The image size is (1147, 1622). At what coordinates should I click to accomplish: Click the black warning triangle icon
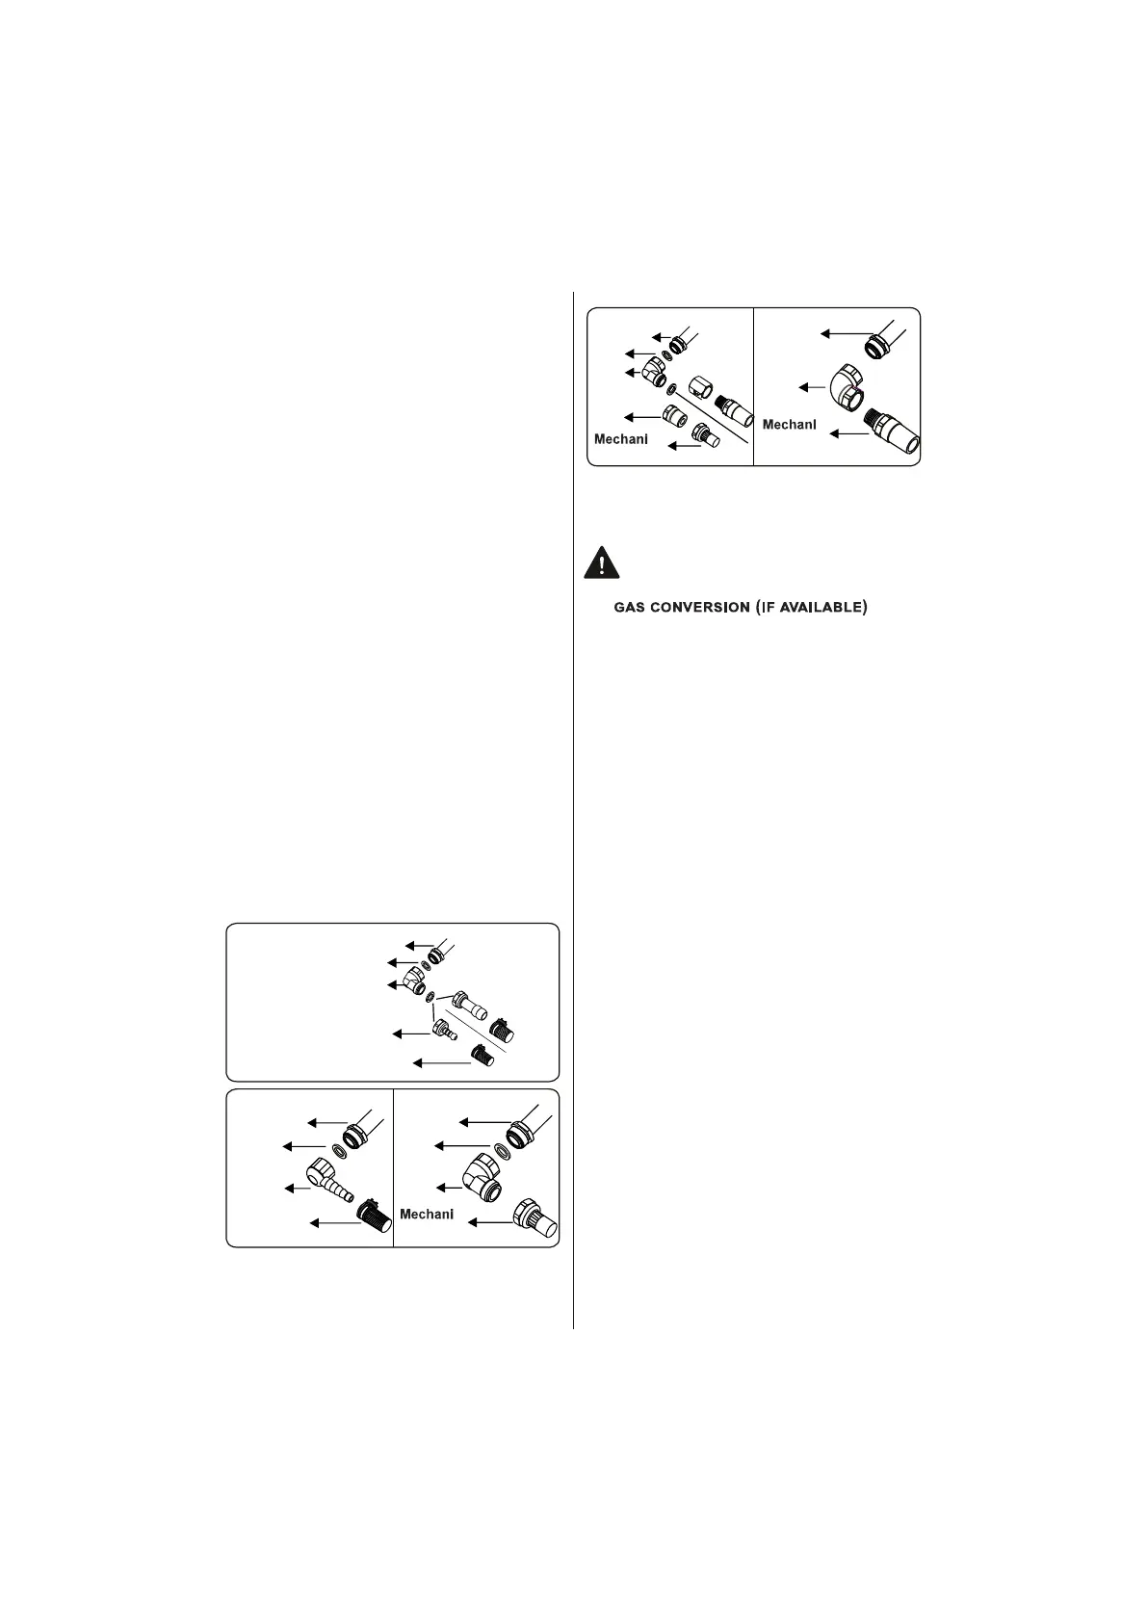600,562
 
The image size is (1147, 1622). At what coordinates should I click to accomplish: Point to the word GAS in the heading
630,608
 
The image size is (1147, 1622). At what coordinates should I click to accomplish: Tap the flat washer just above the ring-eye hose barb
339,1150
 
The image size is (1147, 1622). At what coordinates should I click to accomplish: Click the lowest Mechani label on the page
427,1214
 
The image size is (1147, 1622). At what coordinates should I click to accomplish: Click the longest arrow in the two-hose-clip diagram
443,1061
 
